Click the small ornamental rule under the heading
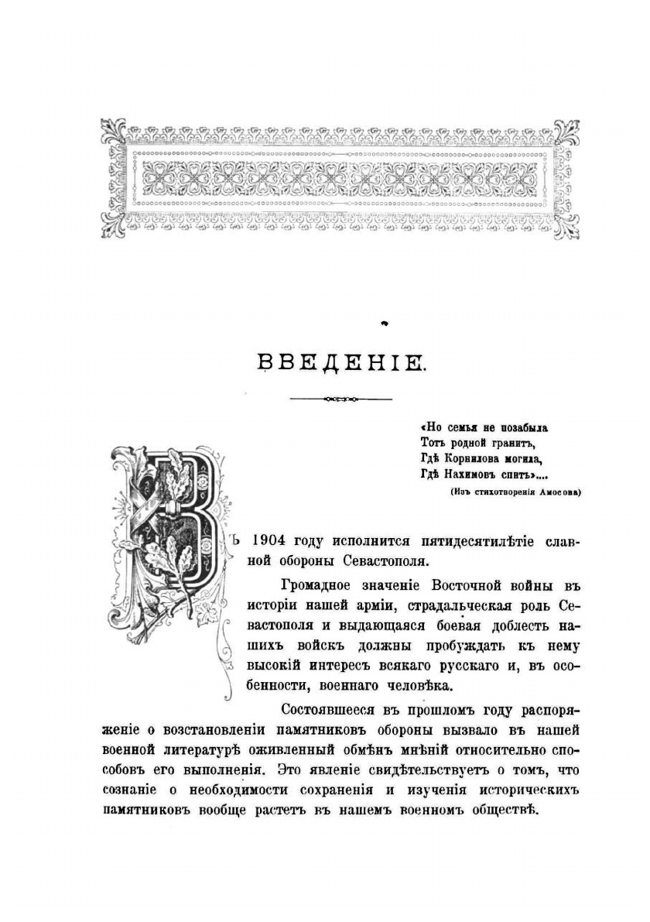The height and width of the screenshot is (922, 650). click(x=340, y=399)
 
